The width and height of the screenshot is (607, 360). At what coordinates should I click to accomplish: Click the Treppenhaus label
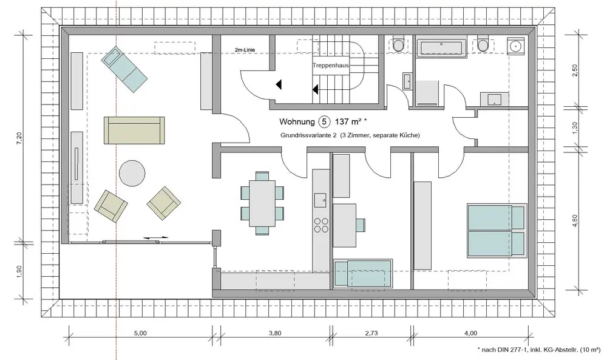click(331, 66)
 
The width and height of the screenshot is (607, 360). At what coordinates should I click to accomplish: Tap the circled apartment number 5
click(324, 122)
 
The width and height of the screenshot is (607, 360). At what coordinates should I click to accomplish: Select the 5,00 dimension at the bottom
click(141, 333)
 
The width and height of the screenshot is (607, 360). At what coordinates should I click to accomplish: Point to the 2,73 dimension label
click(371, 333)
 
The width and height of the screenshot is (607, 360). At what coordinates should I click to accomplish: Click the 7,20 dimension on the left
click(19, 138)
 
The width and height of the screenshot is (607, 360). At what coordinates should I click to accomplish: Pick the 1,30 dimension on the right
click(574, 127)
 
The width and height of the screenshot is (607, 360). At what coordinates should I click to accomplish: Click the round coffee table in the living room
click(132, 174)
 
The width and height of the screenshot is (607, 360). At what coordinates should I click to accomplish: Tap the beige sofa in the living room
click(134, 131)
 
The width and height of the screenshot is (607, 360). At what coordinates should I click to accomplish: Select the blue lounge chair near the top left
click(124, 69)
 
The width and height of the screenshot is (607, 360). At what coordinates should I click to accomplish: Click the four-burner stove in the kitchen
click(321, 225)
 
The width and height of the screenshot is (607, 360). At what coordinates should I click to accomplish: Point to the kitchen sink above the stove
click(320, 200)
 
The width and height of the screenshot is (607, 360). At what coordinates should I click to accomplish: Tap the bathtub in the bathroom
click(441, 48)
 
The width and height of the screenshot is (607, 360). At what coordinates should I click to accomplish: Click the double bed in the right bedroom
click(497, 231)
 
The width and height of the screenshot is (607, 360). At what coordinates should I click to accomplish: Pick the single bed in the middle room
click(363, 274)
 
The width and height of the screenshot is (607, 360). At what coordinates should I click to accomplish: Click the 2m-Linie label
click(245, 50)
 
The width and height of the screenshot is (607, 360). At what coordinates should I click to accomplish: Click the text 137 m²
click(348, 122)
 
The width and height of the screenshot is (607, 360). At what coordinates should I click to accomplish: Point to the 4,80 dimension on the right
click(574, 220)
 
